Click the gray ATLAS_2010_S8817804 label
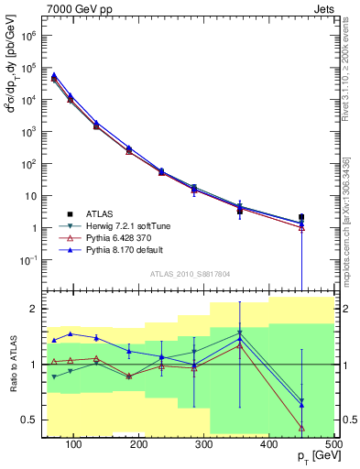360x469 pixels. click(190, 273)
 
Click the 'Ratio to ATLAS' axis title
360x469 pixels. click(12, 365)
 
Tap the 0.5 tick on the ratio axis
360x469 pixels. click(32, 420)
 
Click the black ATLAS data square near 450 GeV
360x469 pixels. click(301, 217)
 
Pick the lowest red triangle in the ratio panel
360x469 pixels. click(301, 428)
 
